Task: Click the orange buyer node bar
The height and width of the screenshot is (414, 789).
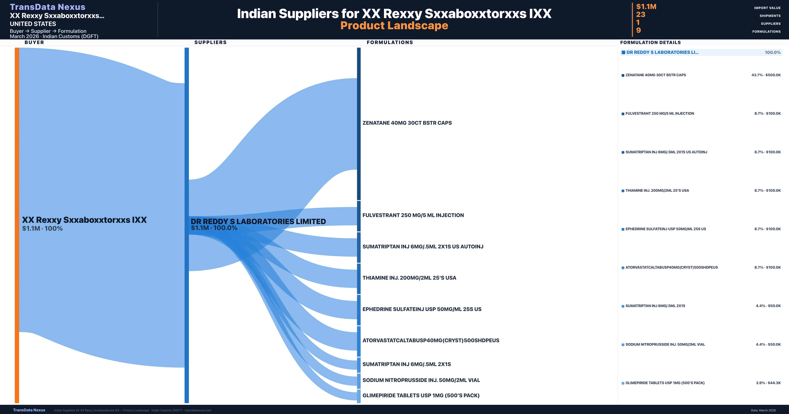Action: click(17, 225)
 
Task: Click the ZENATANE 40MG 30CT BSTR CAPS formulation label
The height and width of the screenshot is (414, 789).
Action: click(407, 123)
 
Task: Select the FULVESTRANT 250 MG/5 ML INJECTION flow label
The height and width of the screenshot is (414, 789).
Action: click(413, 215)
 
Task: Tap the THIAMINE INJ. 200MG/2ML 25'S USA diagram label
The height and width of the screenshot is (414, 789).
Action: click(409, 278)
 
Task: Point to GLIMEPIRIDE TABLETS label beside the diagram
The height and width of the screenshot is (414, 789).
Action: click(421, 395)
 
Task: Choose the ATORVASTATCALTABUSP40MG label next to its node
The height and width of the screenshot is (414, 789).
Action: click(431, 340)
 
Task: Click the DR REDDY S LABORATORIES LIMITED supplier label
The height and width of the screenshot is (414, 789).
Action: click(258, 221)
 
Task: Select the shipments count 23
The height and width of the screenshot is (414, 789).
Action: click(640, 14)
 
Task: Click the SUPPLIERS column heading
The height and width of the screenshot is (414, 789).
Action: click(210, 42)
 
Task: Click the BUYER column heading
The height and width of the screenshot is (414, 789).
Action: click(34, 42)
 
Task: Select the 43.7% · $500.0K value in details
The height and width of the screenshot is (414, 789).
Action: click(766, 75)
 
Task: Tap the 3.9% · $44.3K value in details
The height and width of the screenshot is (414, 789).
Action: click(768, 383)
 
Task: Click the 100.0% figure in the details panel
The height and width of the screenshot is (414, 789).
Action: click(772, 52)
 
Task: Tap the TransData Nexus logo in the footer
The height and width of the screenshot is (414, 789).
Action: click(29, 410)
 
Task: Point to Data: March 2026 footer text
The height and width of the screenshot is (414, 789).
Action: click(763, 410)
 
